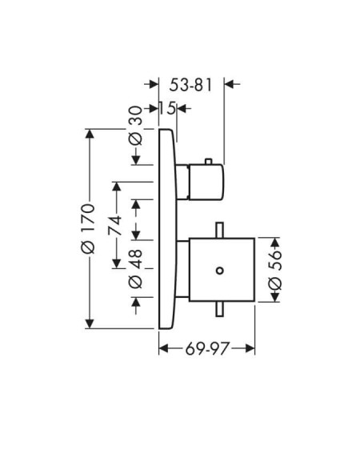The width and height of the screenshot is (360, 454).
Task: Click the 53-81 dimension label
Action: click(x=190, y=85)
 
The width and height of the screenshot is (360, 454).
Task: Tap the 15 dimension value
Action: click(x=167, y=109)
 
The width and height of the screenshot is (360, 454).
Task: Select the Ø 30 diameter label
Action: click(x=136, y=126)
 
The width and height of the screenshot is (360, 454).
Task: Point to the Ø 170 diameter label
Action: click(x=88, y=229)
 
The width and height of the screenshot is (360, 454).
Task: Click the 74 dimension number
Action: click(x=114, y=225)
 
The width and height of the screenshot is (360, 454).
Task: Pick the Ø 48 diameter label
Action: click(x=136, y=269)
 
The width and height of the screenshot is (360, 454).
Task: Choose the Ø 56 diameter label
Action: click(x=275, y=270)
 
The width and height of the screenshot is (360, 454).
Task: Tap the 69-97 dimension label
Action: click(x=207, y=348)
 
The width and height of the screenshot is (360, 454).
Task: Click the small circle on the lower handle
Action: click(x=220, y=271)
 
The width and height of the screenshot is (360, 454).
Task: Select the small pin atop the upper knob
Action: click(x=208, y=161)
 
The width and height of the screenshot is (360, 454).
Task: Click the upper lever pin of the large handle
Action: click(x=220, y=230)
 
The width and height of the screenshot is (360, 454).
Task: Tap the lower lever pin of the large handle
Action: click(x=220, y=309)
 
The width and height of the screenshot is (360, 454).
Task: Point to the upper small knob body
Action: click(x=206, y=182)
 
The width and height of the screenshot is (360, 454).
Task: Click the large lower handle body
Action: click(x=222, y=270)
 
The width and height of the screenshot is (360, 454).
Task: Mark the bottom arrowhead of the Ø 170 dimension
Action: click(x=90, y=323)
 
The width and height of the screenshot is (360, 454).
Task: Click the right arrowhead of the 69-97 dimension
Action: click(x=250, y=348)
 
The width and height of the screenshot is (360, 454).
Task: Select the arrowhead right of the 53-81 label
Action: click(x=230, y=84)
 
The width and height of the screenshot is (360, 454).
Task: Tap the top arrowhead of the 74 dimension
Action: click(x=117, y=187)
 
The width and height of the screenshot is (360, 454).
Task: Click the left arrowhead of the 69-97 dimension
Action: click(x=164, y=348)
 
